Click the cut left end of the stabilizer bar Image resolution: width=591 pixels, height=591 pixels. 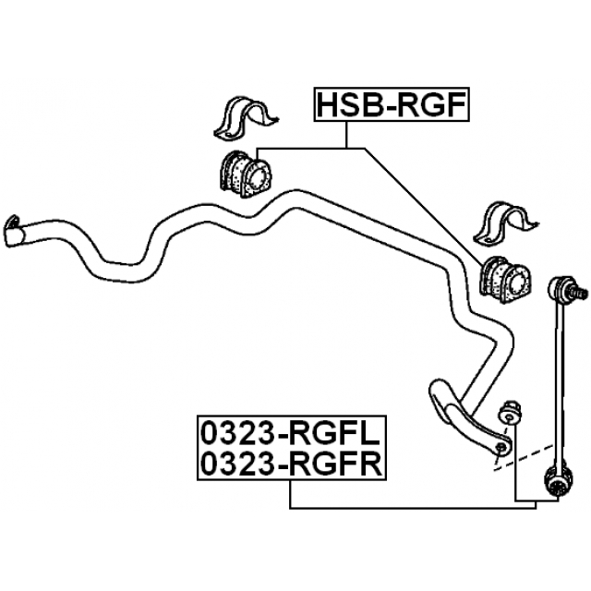click(13, 231)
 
